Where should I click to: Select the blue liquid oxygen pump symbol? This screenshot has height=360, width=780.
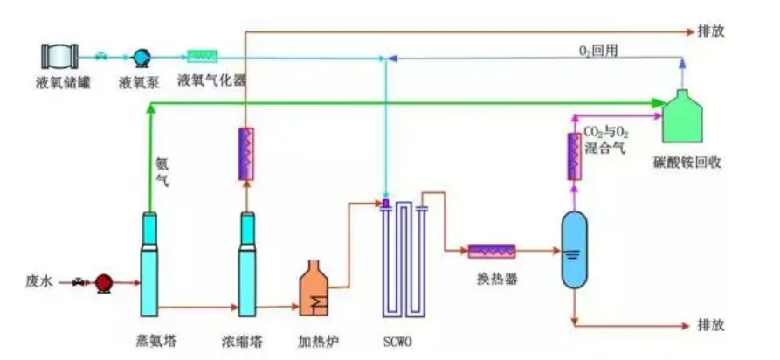pyautogui.click(x=140, y=57)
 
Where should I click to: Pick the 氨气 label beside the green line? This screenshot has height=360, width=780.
pyautogui.click(x=162, y=170)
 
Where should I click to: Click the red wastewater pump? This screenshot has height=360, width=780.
pyautogui.click(x=104, y=282)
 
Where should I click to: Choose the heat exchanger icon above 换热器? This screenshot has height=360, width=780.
pyautogui.click(x=492, y=251)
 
